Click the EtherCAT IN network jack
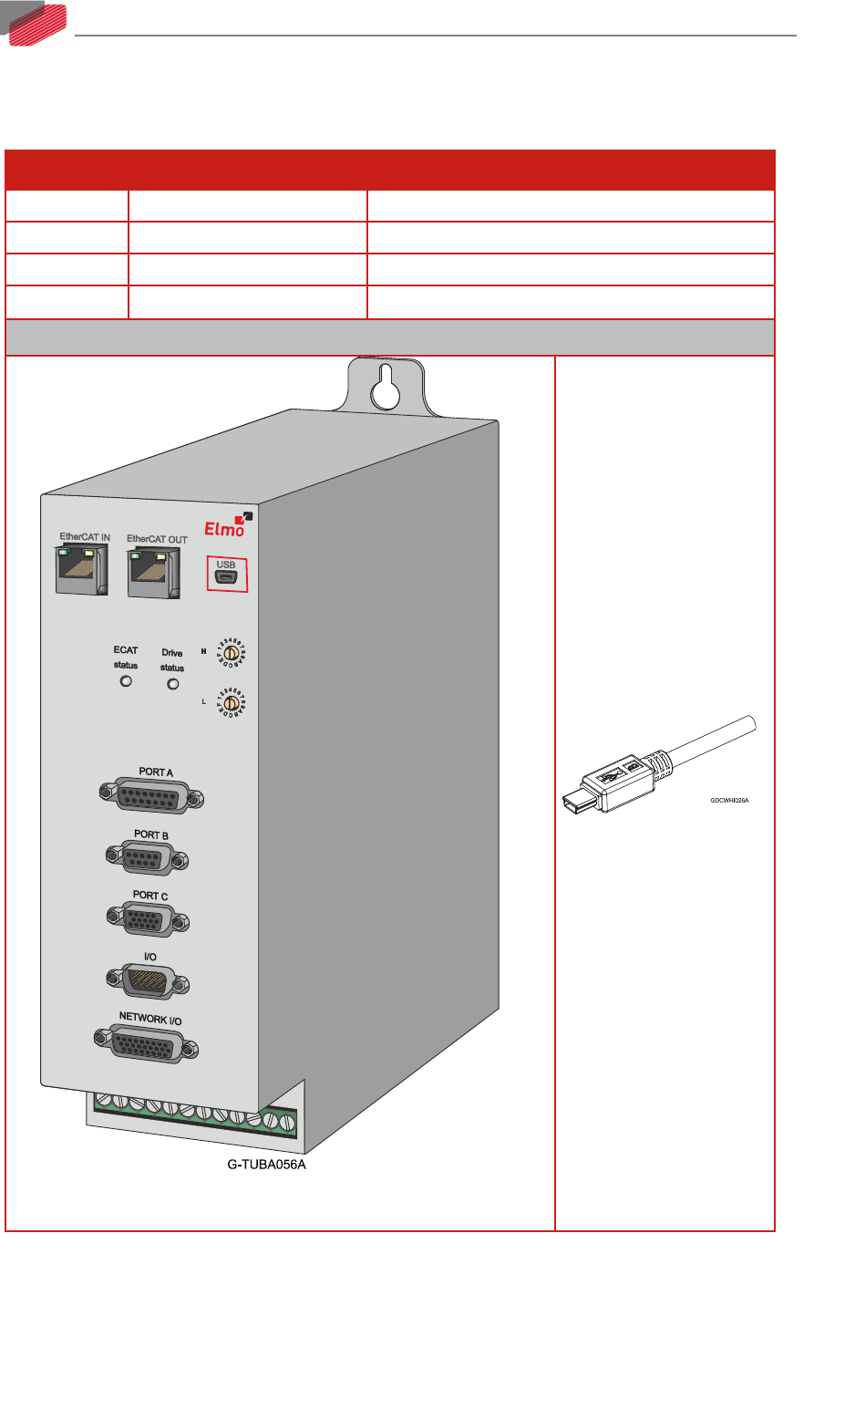[81, 571]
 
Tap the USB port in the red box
[225, 576]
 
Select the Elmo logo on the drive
[225, 526]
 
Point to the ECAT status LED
[127, 681]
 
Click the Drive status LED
[173, 684]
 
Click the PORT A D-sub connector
[151, 796]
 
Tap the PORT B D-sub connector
[148, 858]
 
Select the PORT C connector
[148, 918]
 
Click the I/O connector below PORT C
[148, 981]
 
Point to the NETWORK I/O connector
[146, 1043]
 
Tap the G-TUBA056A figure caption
[266, 1165]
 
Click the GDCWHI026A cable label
[729, 800]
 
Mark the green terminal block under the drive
[196, 1114]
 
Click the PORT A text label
[156, 772]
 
